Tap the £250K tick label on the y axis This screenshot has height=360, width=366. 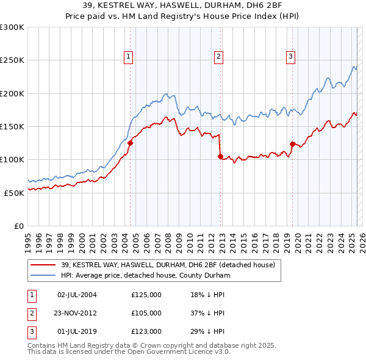(x=12, y=60)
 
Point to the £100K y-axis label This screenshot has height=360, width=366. (x=12, y=159)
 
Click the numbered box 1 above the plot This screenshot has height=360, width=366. (x=129, y=57)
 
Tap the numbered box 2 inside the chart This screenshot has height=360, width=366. (x=218, y=57)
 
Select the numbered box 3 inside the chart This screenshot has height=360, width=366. (x=290, y=57)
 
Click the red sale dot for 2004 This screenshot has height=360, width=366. (x=130, y=143)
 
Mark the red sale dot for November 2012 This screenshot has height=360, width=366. (x=220, y=156)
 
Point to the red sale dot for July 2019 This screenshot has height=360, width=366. (x=292, y=145)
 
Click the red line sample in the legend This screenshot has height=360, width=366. (x=43, y=265)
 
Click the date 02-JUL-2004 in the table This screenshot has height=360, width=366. (x=77, y=295)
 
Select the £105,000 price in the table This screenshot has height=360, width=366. (x=146, y=313)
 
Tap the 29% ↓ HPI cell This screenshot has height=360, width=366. (x=208, y=331)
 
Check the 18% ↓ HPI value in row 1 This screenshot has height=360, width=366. (x=208, y=295)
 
